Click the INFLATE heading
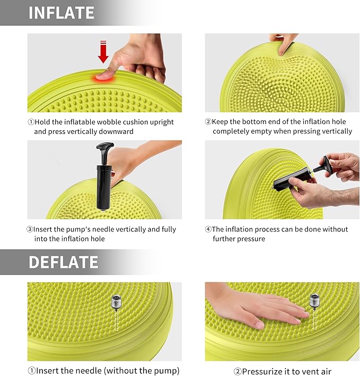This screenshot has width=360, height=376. click(x=61, y=13)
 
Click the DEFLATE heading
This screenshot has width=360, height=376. click(x=63, y=262)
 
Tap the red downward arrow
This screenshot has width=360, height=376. click(x=103, y=52)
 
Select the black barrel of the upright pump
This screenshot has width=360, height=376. click(x=102, y=188)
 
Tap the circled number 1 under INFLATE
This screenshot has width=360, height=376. click(x=31, y=122)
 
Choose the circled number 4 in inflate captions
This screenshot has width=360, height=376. click(x=208, y=229)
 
